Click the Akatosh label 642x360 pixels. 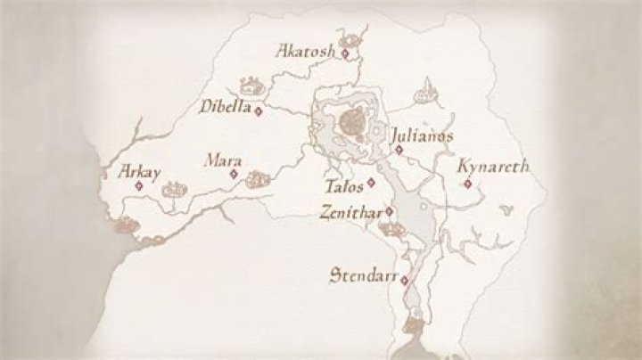click(x=306, y=50)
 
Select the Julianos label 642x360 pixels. click(x=422, y=136)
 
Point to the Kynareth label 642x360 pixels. click(x=492, y=166)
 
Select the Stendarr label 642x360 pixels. click(x=362, y=273)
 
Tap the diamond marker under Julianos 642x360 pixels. click(x=399, y=149)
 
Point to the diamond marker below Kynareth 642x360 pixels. click(x=467, y=184)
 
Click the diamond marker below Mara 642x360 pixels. click(x=234, y=175)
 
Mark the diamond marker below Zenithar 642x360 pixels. click(x=389, y=211)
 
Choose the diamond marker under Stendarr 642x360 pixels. click(x=404, y=281)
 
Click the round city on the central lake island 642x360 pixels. click(x=351, y=119)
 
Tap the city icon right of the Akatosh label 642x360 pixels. click(x=353, y=40)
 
